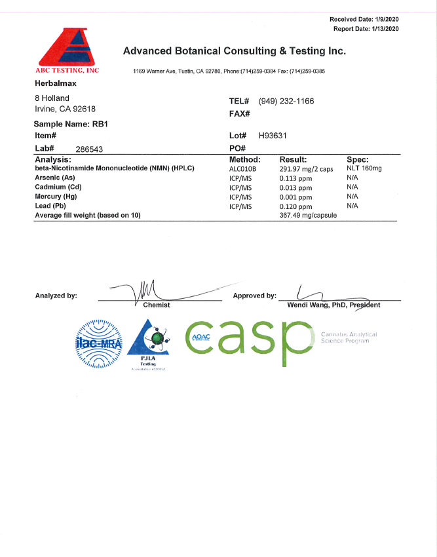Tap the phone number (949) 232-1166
point(286,102)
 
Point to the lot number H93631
point(273,136)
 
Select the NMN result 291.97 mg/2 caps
point(307,168)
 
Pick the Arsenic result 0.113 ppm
point(295,178)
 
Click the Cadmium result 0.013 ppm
point(295,187)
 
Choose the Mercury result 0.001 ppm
point(295,197)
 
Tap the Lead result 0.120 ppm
point(295,206)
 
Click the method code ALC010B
point(243,168)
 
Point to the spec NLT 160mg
point(364,168)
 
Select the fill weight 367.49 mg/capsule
point(308,215)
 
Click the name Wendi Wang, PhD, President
point(333,305)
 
